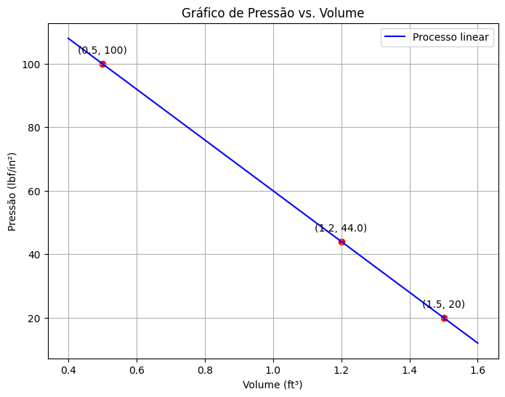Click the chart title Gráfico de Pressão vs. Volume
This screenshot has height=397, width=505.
(x=272, y=13)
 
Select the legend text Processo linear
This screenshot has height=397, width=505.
(x=451, y=37)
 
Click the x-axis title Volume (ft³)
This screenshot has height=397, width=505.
(x=272, y=385)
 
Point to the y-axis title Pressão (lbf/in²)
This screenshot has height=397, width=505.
(x=12, y=192)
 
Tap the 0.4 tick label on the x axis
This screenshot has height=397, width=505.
(x=68, y=369)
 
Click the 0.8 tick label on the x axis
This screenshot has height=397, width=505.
(x=205, y=369)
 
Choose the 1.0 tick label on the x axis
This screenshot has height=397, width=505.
(x=273, y=369)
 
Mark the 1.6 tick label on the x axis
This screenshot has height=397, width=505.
(x=477, y=369)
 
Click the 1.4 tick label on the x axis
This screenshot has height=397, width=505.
(x=410, y=369)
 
